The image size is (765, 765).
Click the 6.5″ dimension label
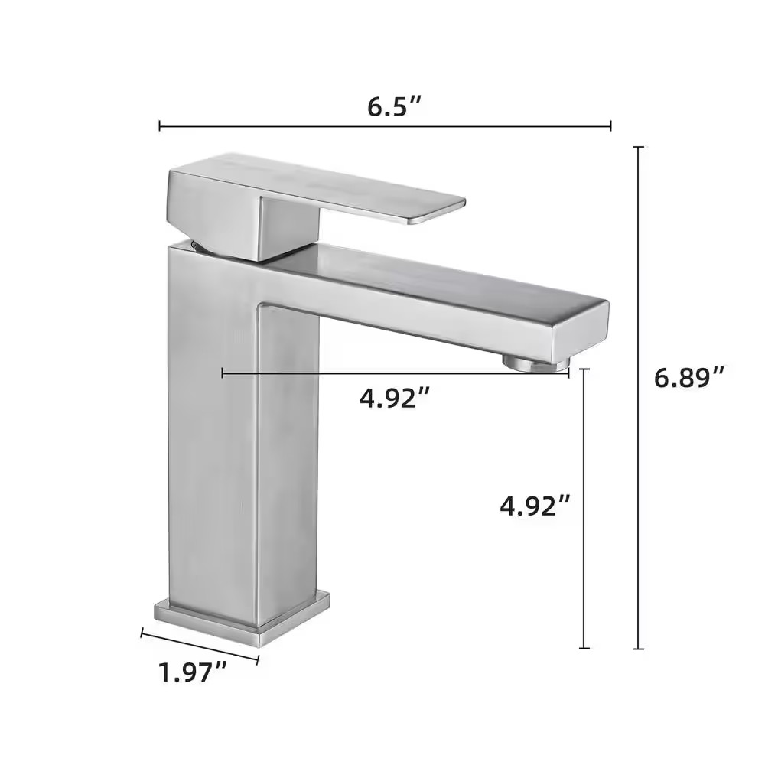(x=394, y=106)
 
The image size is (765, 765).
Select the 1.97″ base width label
(x=192, y=672)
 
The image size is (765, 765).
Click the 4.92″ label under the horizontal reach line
(x=395, y=398)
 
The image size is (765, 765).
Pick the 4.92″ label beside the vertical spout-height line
(x=535, y=505)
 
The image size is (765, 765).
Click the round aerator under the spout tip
(x=536, y=363)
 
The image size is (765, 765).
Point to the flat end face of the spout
(x=581, y=330)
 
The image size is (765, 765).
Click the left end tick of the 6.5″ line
(x=160, y=126)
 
